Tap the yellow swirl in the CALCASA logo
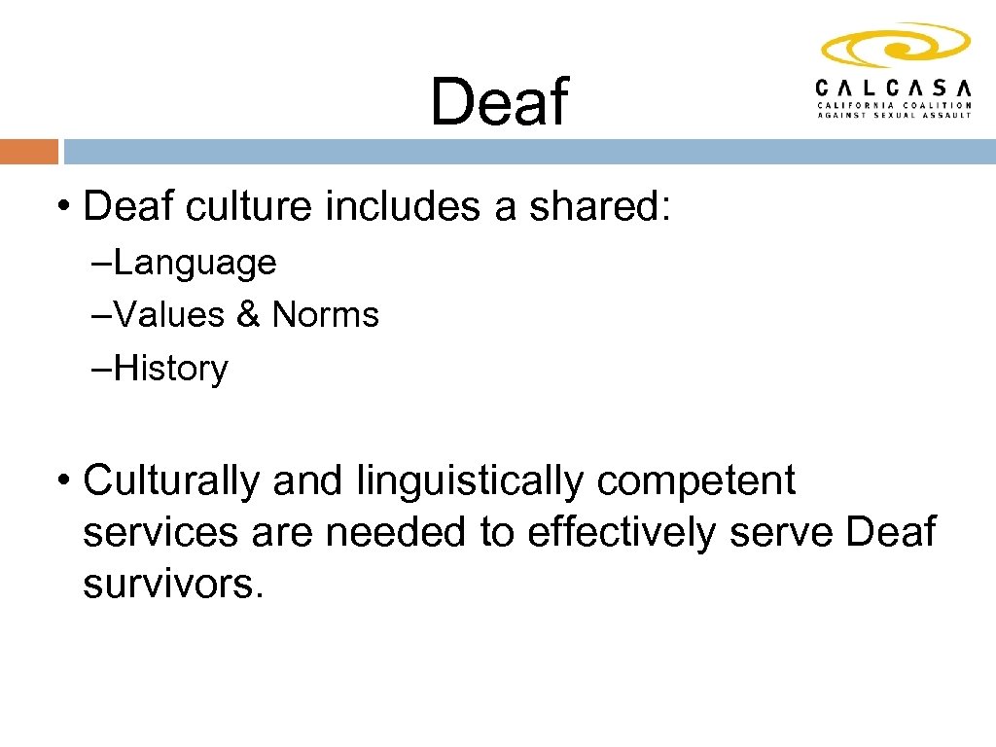pos(895,45)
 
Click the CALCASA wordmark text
pos(894,86)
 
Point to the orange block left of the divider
pos(29,152)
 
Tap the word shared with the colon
pos(600,206)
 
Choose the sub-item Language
pos(195,263)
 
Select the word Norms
pos(325,315)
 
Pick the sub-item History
pos(170,369)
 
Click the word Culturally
pos(172,480)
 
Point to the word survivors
pos(173,586)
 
